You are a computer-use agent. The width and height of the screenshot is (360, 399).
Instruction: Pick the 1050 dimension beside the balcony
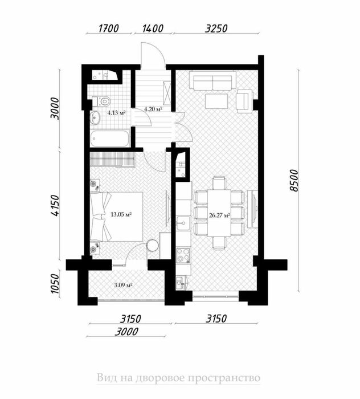tap(55, 283)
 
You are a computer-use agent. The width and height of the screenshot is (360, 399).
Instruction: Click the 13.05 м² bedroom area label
tap(121, 214)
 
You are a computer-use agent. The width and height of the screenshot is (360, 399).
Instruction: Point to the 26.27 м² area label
tap(219, 215)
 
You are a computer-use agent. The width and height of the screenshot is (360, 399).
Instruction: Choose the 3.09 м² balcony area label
tap(122, 284)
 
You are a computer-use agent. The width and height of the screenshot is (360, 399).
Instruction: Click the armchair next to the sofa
tap(244, 101)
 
